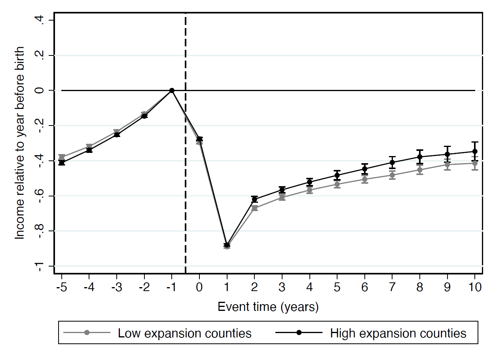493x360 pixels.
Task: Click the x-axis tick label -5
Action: coord(61,287)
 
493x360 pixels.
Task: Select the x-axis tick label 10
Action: coord(474,287)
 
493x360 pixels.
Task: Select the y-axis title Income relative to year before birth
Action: coord(20,143)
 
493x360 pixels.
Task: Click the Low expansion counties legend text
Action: coord(184,333)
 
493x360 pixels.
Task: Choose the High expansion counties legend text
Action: coord(398,333)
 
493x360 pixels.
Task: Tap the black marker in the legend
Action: coord(299,333)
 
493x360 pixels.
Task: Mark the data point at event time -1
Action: coord(172,91)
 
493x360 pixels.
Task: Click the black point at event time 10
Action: coord(475,151)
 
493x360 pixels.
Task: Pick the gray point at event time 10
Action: coord(475,163)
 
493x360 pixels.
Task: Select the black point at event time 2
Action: coord(254,199)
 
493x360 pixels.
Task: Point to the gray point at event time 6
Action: coord(364,179)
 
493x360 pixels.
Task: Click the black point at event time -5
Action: coord(62,163)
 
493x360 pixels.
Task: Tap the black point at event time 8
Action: coord(420,157)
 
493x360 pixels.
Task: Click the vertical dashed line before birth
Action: coord(186,178)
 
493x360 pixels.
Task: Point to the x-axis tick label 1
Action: coord(227,287)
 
